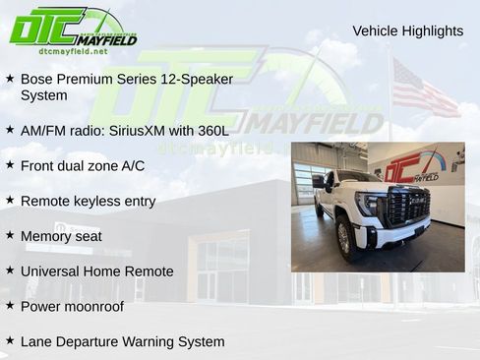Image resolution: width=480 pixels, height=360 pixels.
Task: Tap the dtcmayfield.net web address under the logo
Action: (x=73, y=51)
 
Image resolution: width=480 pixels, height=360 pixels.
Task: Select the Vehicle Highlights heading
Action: (x=407, y=31)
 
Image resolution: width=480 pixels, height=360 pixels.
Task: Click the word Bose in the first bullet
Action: (x=37, y=79)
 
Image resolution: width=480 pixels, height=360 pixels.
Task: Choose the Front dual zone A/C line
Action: (x=82, y=165)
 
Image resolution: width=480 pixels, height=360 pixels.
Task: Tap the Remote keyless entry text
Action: (x=88, y=201)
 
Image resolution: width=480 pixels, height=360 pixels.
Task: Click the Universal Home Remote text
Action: (x=96, y=271)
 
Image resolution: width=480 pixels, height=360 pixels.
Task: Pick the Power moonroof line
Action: (x=72, y=306)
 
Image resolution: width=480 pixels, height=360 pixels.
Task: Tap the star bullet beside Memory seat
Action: (x=10, y=235)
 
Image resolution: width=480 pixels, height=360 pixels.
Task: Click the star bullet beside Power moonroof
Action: (x=10, y=305)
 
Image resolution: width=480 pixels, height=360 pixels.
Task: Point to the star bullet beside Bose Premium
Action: (x=10, y=77)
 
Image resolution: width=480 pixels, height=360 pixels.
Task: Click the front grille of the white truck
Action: (x=408, y=207)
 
